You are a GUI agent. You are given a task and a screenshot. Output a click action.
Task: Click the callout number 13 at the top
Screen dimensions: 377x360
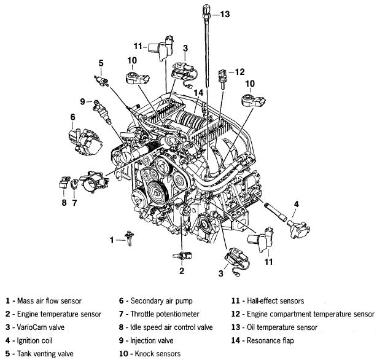click(x=225, y=14)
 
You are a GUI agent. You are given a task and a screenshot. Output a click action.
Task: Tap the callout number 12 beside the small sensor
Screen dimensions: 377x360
click(x=239, y=72)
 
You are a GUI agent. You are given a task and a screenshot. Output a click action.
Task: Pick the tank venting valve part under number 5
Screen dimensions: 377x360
click(x=101, y=80)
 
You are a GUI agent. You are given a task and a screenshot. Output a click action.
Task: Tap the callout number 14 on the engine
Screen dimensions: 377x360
click(x=198, y=93)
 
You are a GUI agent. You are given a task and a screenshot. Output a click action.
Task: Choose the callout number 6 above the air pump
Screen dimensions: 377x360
click(x=72, y=117)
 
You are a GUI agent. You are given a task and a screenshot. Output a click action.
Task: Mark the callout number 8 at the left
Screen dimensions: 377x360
click(x=64, y=203)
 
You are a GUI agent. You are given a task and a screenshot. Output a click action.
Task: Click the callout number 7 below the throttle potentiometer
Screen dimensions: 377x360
click(x=74, y=203)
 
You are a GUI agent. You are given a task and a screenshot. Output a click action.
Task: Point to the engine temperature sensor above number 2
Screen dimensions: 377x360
click(x=182, y=256)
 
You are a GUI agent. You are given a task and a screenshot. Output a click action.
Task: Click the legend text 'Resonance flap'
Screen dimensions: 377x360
click(x=270, y=340)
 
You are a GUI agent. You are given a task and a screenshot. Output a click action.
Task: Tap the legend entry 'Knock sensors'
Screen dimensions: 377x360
click(x=157, y=354)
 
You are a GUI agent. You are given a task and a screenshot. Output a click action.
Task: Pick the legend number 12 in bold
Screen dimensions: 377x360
click(x=236, y=314)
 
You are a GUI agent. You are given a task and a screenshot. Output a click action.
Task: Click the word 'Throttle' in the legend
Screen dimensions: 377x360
click(x=141, y=314)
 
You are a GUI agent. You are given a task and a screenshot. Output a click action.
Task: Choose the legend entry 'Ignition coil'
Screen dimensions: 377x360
click(x=34, y=340)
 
